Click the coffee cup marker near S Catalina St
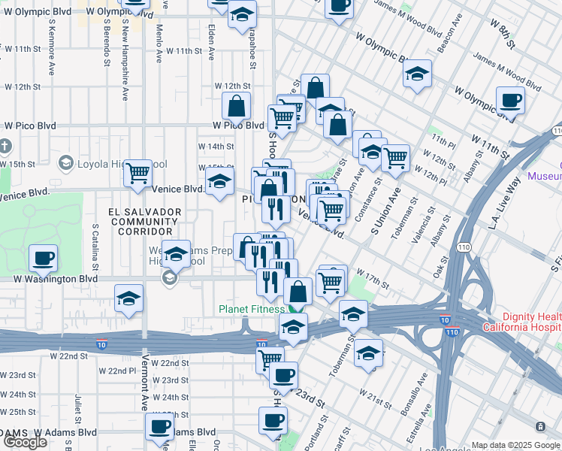(x=42, y=258)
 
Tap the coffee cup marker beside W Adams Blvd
(x=159, y=426)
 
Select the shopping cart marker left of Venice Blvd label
(x=137, y=173)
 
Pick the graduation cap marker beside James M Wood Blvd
(x=417, y=74)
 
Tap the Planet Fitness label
(x=251, y=309)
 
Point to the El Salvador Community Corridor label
(x=145, y=222)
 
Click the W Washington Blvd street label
(x=56, y=278)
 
